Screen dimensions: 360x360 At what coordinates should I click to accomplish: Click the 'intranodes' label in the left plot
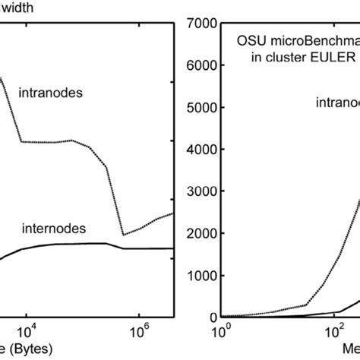pos(50,93)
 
